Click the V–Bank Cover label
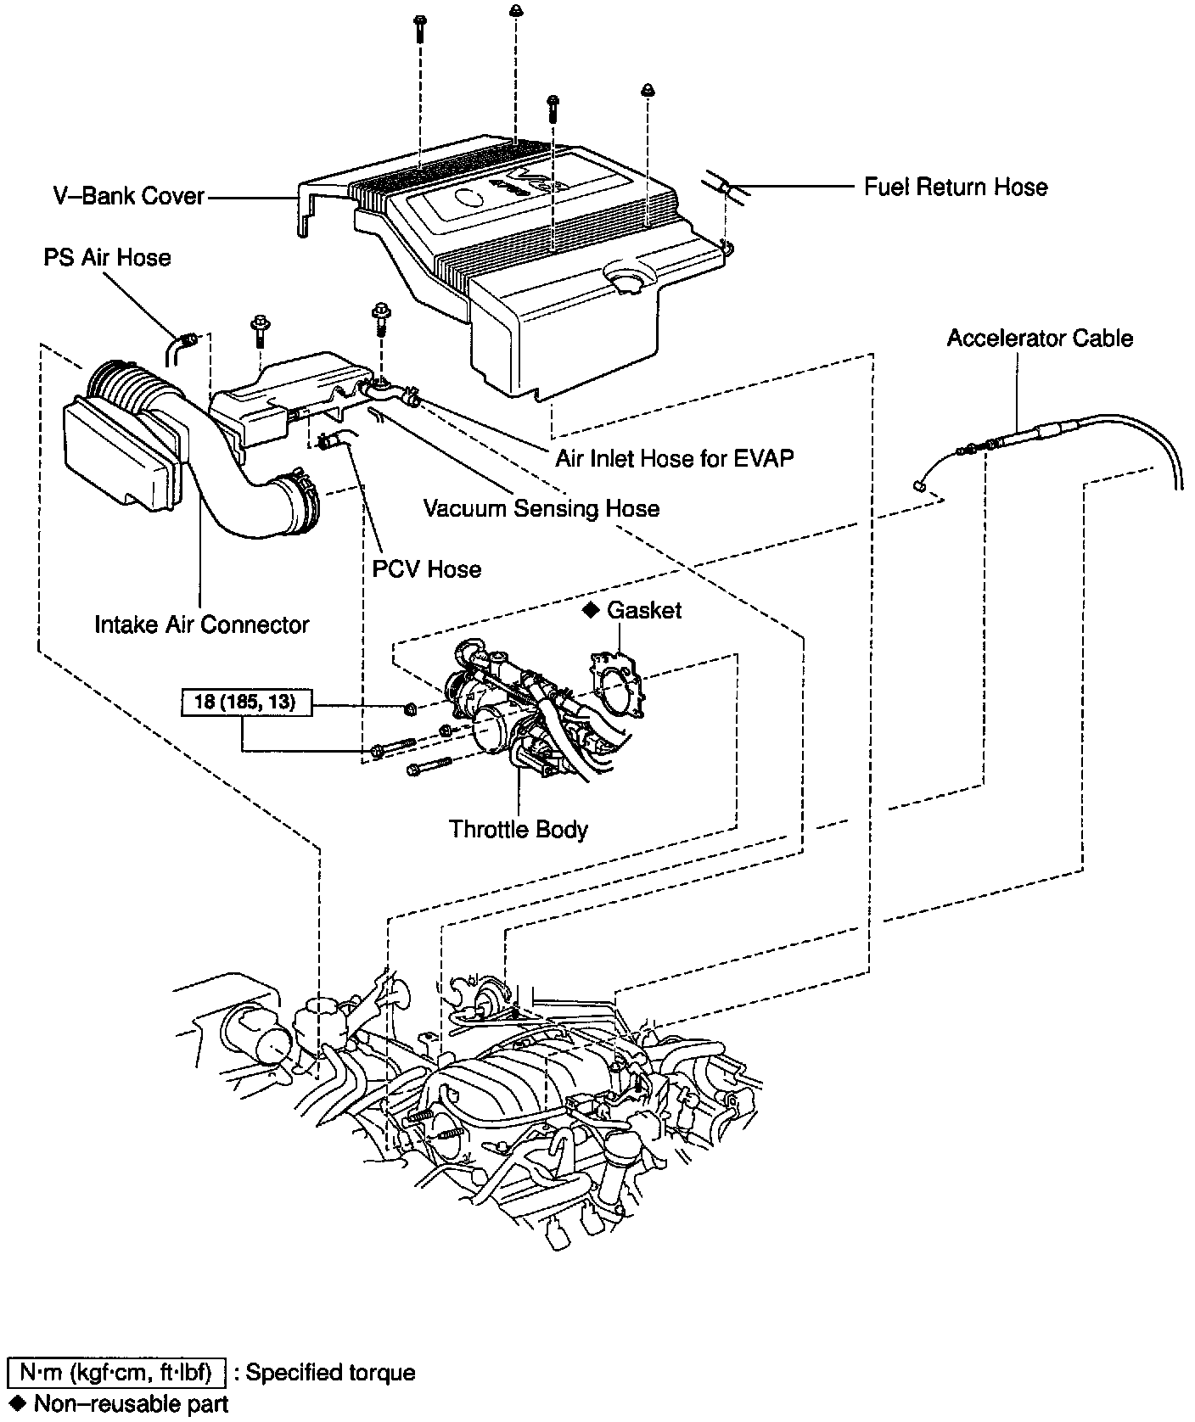pyautogui.click(x=129, y=196)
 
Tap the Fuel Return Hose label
pyautogui.click(x=956, y=187)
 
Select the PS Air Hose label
pyautogui.click(x=107, y=257)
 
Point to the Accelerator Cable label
pyautogui.click(x=1040, y=338)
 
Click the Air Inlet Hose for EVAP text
pyautogui.click(x=675, y=458)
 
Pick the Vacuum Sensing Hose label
pyautogui.click(x=541, y=508)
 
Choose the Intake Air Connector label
pyautogui.click(x=202, y=624)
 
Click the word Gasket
pyautogui.click(x=644, y=610)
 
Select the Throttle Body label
pyautogui.click(x=519, y=828)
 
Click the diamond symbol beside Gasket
pyautogui.click(x=591, y=610)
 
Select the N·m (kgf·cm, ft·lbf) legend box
pyautogui.click(x=116, y=1372)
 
